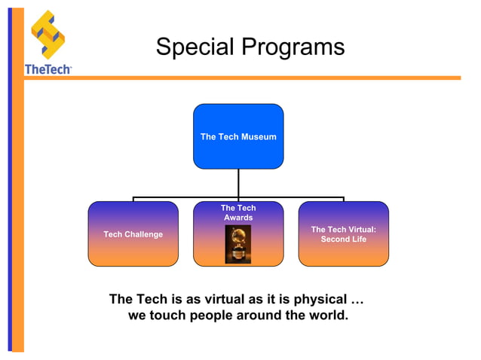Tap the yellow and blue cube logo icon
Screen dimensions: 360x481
click(47, 35)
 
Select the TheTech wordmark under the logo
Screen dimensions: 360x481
click(47, 69)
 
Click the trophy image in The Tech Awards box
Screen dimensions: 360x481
click(238, 244)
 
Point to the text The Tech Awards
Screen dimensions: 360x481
click(238, 212)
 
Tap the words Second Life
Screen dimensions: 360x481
click(344, 239)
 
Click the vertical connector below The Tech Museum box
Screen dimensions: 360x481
click(238, 183)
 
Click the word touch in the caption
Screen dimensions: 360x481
click(167, 315)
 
